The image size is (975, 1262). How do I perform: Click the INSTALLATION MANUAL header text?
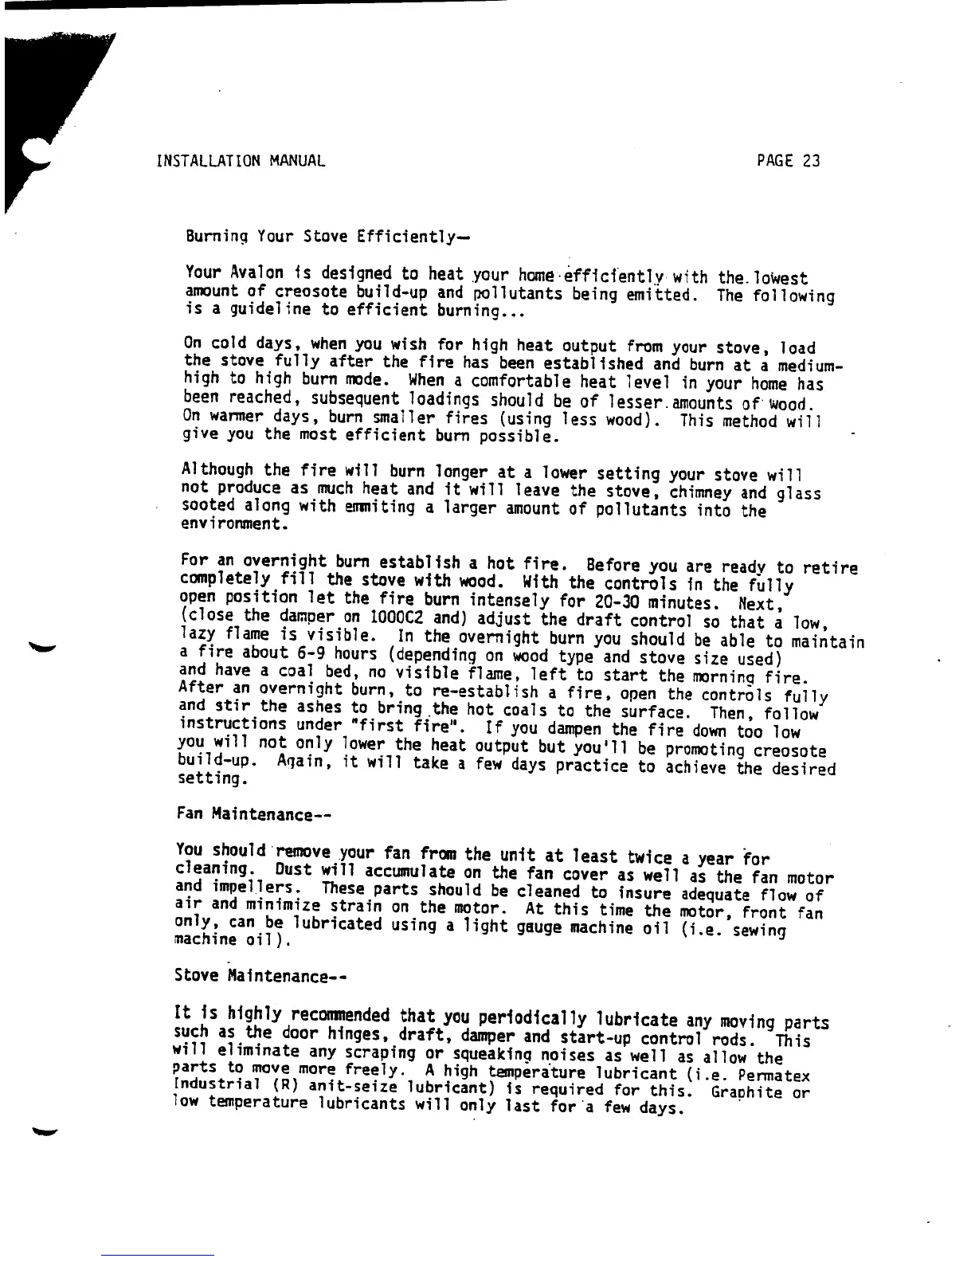pyautogui.click(x=241, y=161)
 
